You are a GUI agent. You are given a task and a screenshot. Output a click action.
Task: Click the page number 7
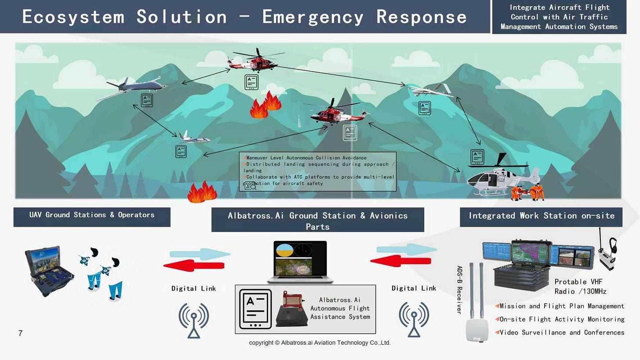point(20,333)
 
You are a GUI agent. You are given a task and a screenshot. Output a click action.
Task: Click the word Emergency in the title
point(313,17)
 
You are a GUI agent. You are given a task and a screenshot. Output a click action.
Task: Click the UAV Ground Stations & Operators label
point(92,215)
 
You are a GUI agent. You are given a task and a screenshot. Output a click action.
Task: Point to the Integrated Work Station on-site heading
point(541,216)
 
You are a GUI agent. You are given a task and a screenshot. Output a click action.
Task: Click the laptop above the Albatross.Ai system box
point(301,262)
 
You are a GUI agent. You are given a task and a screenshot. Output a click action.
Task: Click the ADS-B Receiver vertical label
point(459,290)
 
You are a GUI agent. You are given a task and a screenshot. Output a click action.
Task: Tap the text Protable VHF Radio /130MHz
point(580,287)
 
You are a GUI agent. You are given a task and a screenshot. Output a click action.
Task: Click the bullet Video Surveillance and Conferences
point(562,332)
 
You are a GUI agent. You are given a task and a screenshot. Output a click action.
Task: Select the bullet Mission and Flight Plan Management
point(562,306)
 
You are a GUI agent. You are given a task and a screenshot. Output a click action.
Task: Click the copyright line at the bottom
point(320,343)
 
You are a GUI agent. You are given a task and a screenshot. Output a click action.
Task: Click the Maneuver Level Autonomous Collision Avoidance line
point(306,157)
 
